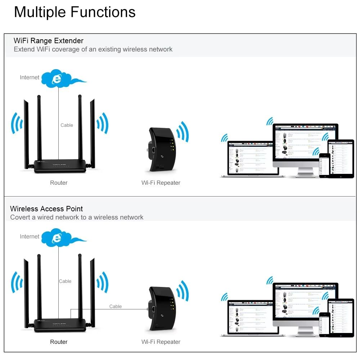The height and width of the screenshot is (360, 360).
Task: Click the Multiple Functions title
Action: click(x=75, y=12)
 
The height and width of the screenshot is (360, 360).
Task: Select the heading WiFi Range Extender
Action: click(x=48, y=41)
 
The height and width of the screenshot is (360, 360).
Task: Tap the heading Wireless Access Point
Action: click(x=46, y=209)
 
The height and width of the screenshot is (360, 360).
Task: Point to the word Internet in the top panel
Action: click(x=30, y=77)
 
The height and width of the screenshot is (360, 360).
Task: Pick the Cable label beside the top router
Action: click(x=67, y=125)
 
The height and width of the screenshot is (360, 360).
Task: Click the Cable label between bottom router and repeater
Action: click(x=116, y=306)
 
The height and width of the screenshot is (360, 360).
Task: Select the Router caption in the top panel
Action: click(x=59, y=183)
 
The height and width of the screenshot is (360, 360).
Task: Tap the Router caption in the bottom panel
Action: click(x=59, y=342)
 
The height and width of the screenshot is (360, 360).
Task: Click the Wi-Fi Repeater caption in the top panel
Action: click(x=161, y=183)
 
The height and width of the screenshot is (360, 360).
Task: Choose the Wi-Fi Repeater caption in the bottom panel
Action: click(x=161, y=342)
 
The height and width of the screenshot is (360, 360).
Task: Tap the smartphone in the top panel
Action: click(x=324, y=165)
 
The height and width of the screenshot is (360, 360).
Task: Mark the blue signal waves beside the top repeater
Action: click(x=183, y=132)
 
